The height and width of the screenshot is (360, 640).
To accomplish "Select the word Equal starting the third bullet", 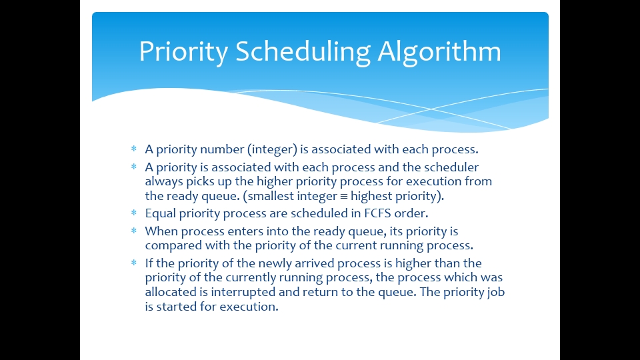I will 161,213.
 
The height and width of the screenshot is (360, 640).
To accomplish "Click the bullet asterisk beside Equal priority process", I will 133,213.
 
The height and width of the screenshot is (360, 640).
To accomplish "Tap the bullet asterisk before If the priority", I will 133,263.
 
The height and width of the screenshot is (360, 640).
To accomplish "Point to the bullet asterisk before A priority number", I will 133,149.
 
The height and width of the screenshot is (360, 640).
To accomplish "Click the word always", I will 163,181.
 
